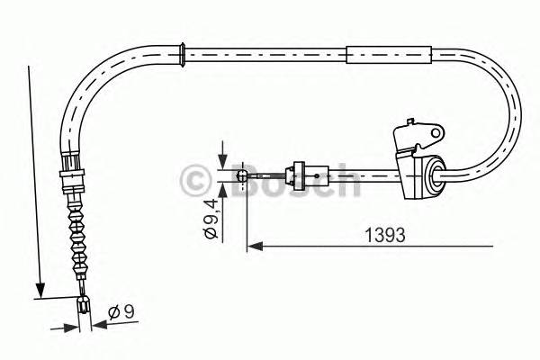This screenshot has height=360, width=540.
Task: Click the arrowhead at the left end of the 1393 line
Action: coord(253,245)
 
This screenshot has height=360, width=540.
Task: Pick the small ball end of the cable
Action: coord(241,173)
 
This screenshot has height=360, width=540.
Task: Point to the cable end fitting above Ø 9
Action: coord(84,303)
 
